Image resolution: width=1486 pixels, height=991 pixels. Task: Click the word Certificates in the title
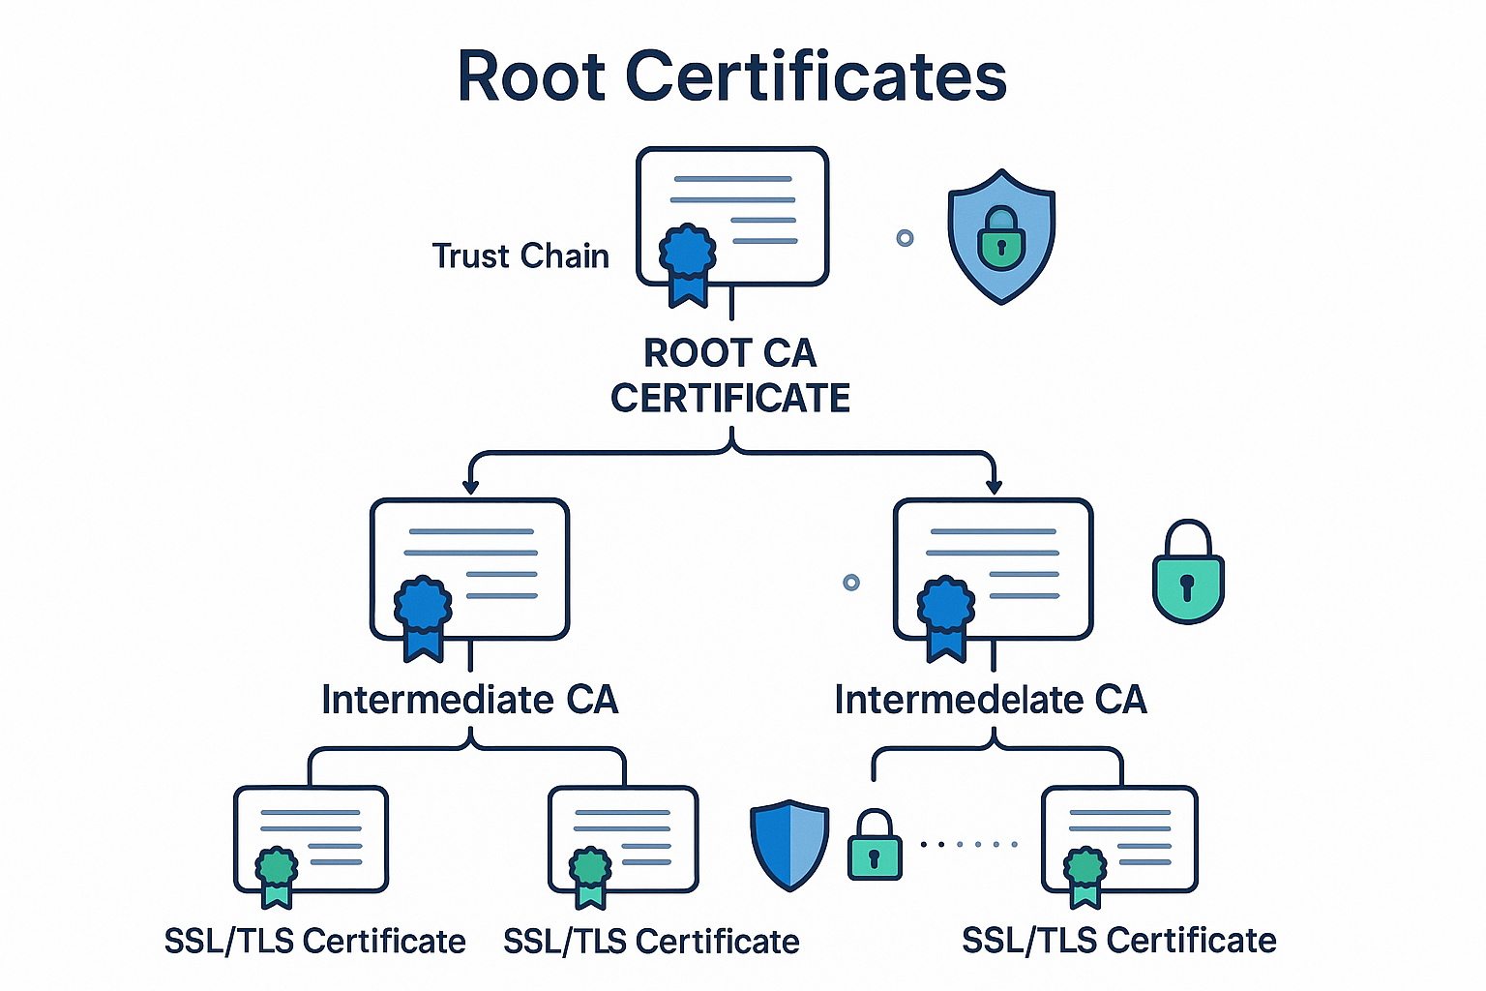pyautogui.click(x=817, y=76)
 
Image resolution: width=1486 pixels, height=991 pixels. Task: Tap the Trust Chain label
pyautogui.click(x=520, y=256)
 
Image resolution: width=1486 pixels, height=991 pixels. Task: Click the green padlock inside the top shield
pyautogui.click(x=1000, y=238)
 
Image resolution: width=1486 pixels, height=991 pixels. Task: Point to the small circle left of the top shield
pyautogui.click(x=905, y=238)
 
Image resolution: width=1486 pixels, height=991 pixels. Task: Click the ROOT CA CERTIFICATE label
pyautogui.click(x=730, y=375)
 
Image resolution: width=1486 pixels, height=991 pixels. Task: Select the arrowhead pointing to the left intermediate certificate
pyautogui.click(x=471, y=486)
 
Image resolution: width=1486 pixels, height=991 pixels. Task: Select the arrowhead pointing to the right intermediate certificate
pyautogui.click(x=993, y=486)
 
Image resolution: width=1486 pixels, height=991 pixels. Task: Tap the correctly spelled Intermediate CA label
pyautogui.click(x=469, y=700)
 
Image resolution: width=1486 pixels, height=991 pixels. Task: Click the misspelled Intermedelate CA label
pyautogui.click(x=990, y=700)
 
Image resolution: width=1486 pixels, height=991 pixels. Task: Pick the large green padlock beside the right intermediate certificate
pyautogui.click(x=1188, y=573)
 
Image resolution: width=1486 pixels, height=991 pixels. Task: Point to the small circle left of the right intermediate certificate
pyautogui.click(x=851, y=582)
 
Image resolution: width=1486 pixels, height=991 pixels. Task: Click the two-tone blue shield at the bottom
pyautogui.click(x=789, y=844)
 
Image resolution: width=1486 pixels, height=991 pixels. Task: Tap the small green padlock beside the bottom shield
pyautogui.click(x=875, y=846)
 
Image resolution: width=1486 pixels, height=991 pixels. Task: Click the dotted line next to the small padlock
pyautogui.click(x=968, y=845)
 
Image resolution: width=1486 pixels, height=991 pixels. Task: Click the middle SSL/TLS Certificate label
pyautogui.click(x=651, y=942)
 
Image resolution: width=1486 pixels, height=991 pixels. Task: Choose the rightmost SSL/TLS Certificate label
pyautogui.click(x=1118, y=941)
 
